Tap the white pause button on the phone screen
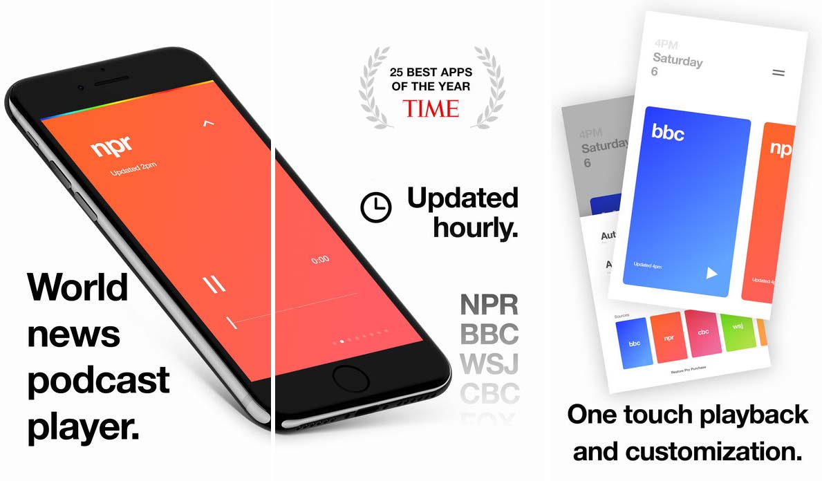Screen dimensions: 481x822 click(x=214, y=283)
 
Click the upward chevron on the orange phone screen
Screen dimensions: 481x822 click(x=209, y=124)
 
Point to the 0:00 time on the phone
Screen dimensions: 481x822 click(x=320, y=260)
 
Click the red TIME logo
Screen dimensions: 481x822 click(x=431, y=109)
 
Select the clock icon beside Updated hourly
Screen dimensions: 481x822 click(x=375, y=207)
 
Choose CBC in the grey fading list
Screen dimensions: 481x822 click(x=489, y=393)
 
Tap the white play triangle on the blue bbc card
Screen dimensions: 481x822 click(x=711, y=272)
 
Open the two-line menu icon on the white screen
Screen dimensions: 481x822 click(x=778, y=72)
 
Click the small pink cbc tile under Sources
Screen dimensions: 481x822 click(x=703, y=332)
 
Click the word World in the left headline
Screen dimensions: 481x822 click(x=77, y=287)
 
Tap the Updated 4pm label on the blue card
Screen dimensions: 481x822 click(x=647, y=265)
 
